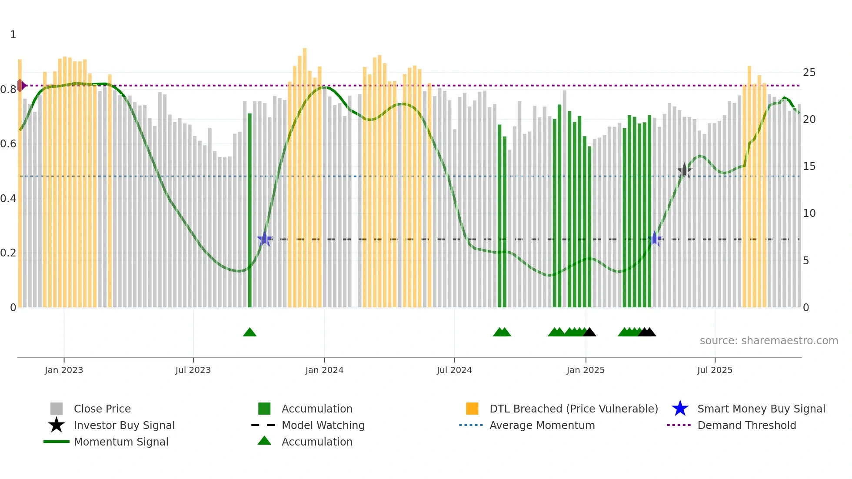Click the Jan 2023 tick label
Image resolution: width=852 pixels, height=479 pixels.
click(64, 370)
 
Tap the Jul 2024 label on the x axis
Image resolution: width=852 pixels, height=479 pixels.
click(454, 370)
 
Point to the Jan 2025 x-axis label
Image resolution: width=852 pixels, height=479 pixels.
click(586, 370)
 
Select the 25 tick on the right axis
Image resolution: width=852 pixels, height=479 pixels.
click(809, 72)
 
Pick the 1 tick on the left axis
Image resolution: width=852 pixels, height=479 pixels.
click(13, 35)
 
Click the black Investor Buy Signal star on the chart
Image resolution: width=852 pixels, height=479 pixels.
click(684, 170)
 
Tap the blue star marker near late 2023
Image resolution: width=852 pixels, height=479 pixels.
click(264, 239)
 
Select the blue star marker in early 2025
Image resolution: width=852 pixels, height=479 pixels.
click(655, 239)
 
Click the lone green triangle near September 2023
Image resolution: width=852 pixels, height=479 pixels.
click(250, 333)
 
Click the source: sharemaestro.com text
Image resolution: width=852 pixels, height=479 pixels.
click(769, 341)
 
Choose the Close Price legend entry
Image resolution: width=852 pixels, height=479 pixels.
click(102, 409)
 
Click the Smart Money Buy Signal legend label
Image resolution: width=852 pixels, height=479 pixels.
click(761, 409)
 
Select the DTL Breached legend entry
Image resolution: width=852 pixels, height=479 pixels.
click(573, 409)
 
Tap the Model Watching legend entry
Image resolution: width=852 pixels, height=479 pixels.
click(323, 425)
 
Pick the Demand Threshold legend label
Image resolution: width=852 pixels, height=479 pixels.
click(746, 425)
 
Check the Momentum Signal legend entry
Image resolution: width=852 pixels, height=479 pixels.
click(121, 442)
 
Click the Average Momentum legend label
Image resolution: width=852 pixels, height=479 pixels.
click(542, 425)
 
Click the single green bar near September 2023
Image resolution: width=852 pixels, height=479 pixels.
click(250, 210)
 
